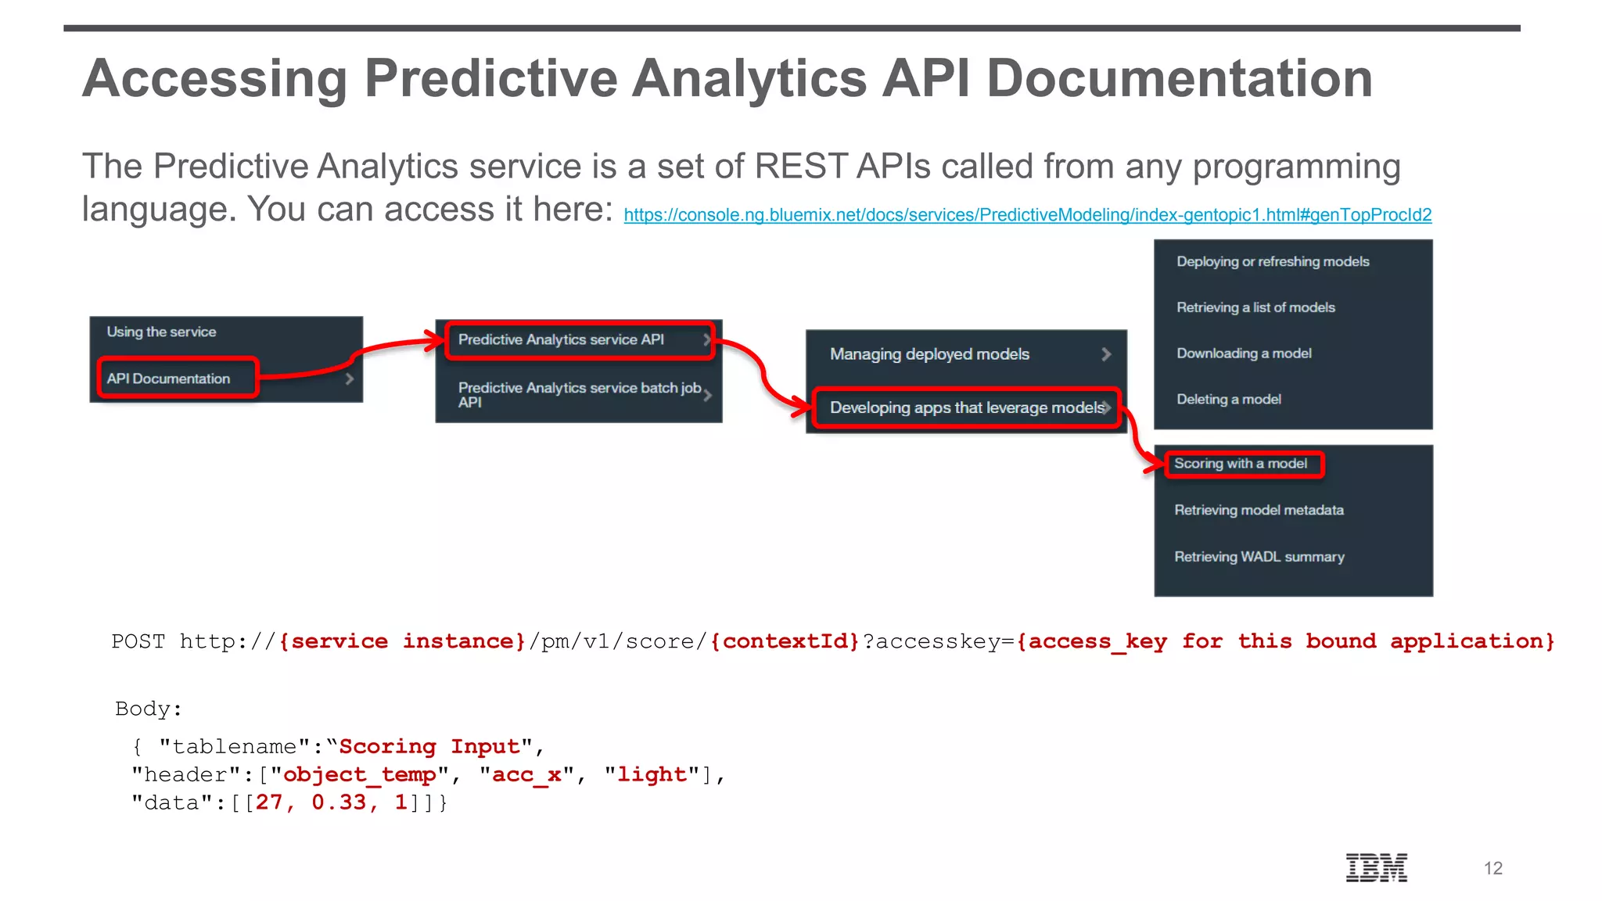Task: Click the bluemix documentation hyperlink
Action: pyautogui.click(x=1027, y=215)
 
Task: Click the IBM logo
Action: pyautogui.click(x=1376, y=867)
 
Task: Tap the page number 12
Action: pyautogui.click(x=1492, y=868)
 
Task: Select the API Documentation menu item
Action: pyautogui.click(x=169, y=379)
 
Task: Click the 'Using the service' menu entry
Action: pyautogui.click(x=162, y=332)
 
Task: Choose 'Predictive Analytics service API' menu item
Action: pyautogui.click(x=561, y=339)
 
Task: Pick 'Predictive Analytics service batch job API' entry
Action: pyautogui.click(x=579, y=394)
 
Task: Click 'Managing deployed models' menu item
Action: pyautogui.click(x=929, y=354)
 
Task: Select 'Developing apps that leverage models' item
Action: pyautogui.click(x=966, y=407)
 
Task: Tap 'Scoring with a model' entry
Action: pyautogui.click(x=1240, y=464)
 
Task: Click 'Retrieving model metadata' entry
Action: pyautogui.click(x=1259, y=510)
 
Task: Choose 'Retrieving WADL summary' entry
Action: pyautogui.click(x=1259, y=557)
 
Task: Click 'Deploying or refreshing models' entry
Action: pyautogui.click(x=1273, y=261)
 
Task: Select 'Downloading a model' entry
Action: pyautogui.click(x=1244, y=354)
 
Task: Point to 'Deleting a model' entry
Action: pyautogui.click(x=1228, y=400)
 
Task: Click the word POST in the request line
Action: pyautogui.click(x=138, y=641)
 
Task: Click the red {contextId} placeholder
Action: pyautogui.click(x=785, y=641)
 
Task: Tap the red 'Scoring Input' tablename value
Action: pyautogui.click(x=429, y=746)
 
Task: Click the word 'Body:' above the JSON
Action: pyautogui.click(x=149, y=709)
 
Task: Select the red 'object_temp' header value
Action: pyautogui.click(x=359, y=774)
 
